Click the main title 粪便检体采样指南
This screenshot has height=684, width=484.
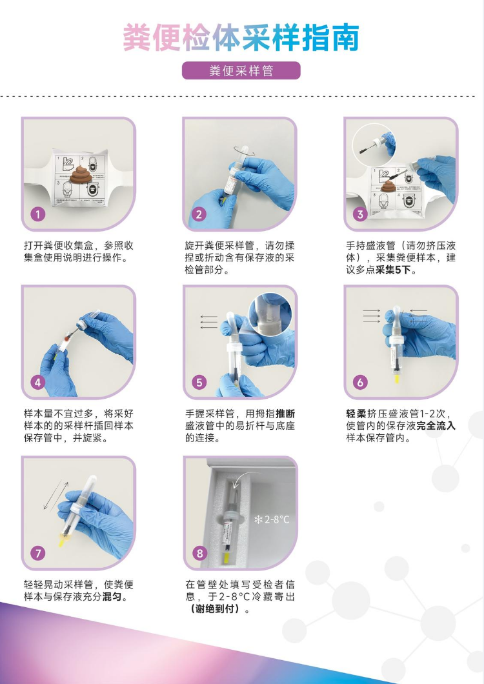click(x=241, y=37)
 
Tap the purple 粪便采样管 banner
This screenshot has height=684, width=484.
click(x=241, y=71)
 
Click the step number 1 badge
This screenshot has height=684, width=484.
click(x=38, y=214)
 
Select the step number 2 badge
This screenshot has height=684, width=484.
click(x=199, y=214)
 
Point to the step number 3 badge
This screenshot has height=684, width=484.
click(x=360, y=214)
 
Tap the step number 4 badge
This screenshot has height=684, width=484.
click(x=38, y=383)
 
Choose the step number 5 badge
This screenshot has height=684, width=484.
click(x=199, y=383)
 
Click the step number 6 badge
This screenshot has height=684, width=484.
click(x=360, y=383)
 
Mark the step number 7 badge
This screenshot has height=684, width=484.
click(x=38, y=553)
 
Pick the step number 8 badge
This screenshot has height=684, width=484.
click(x=199, y=553)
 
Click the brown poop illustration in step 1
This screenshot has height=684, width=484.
click(x=81, y=174)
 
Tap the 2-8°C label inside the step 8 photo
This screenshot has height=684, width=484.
click(x=272, y=519)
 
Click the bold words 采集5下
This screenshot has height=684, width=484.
click(x=393, y=270)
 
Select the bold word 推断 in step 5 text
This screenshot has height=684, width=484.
click(x=285, y=414)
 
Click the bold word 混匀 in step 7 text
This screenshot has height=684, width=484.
click(x=112, y=597)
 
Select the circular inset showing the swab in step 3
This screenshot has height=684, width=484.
click(x=374, y=145)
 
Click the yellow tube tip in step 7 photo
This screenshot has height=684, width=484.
click(x=63, y=541)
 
